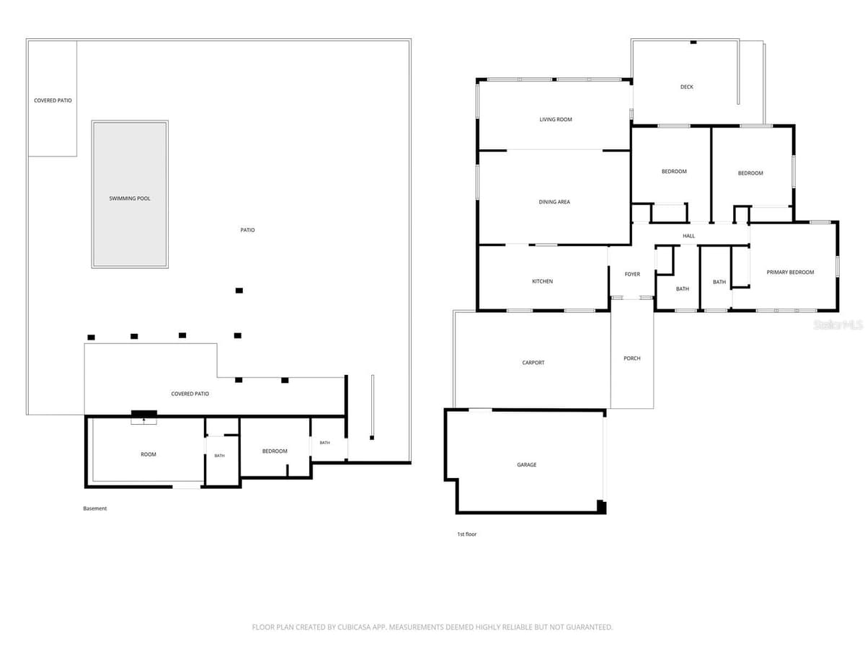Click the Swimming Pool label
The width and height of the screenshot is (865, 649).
coord(130,198)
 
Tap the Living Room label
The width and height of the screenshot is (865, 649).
coord(556,120)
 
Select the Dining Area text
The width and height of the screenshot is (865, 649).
coord(554,202)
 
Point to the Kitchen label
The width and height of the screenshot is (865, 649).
coord(543,281)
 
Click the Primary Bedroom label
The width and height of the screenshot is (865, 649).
coord(790,273)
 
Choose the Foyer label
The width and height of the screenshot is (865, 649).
coord(632,274)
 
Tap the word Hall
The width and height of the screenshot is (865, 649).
coord(689,236)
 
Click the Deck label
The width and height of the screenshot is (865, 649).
coord(687,87)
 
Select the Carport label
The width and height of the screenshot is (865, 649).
coord(533,363)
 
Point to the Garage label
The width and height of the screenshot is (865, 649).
coord(527,465)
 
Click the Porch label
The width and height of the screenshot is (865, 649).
coord(632,358)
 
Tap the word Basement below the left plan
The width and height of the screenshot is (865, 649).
coord(95,508)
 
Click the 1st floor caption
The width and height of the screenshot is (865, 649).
coord(467,534)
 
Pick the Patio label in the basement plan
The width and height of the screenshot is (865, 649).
coord(247,230)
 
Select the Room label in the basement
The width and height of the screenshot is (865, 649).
coord(148,455)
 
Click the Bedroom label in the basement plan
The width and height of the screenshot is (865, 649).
coord(275,451)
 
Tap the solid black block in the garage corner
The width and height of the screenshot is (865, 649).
coord(601,506)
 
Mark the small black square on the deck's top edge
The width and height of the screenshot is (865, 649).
coord(693,42)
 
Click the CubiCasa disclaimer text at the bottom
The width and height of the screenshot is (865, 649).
coord(432,627)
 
